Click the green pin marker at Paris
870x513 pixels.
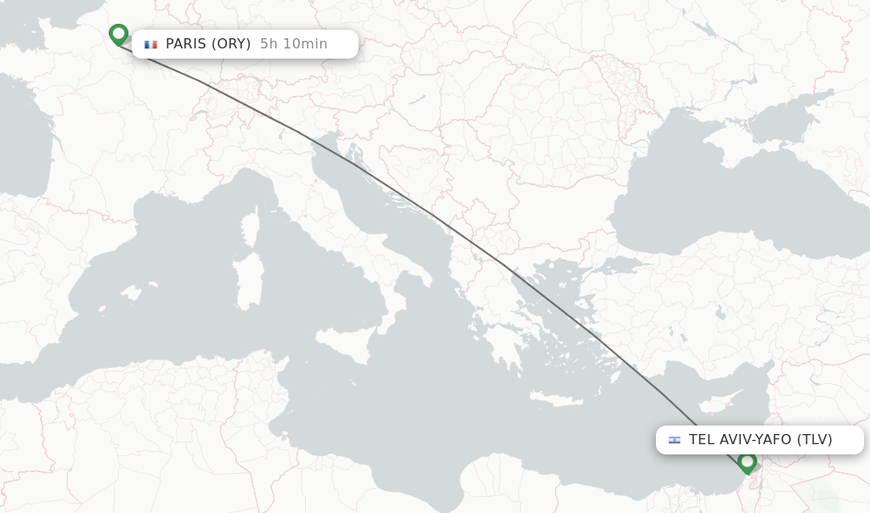(x=119, y=34)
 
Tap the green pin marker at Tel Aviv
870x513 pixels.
(x=747, y=462)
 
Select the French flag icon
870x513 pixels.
(x=151, y=44)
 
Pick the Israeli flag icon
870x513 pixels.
(x=675, y=440)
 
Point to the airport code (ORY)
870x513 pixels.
(x=232, y=44)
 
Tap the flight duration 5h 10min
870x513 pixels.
(x=293, y=44)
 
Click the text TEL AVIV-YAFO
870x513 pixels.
(x=740, y=440)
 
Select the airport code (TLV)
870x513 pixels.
(x=814, y=440)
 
